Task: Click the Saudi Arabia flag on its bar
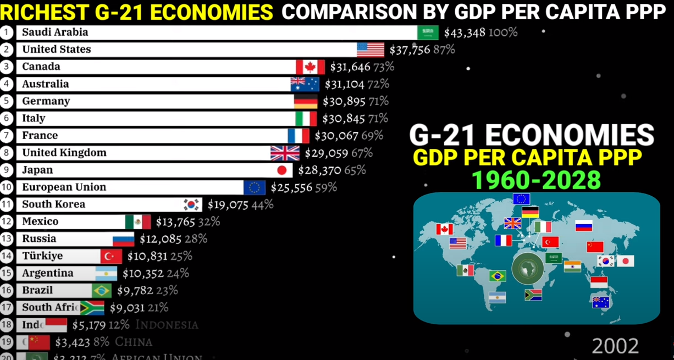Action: point(428,32)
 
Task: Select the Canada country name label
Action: point(41,67)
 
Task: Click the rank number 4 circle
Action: point(7,84)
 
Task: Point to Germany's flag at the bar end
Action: point(306,102)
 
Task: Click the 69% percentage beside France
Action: point(373,136)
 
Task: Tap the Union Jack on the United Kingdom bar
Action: point(285,153)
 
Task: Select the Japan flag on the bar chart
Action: point(282,170)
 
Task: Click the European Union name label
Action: point(64,187)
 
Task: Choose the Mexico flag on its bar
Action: point(137,221)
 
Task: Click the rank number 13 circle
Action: point(7,239)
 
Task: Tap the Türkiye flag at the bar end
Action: point(111,256)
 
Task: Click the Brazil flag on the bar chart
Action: point(102,290)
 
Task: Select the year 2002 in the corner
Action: point(615,346)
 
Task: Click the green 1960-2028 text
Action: point(537,180)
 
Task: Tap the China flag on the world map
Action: point(595,246)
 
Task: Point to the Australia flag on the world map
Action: point(601,302)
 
